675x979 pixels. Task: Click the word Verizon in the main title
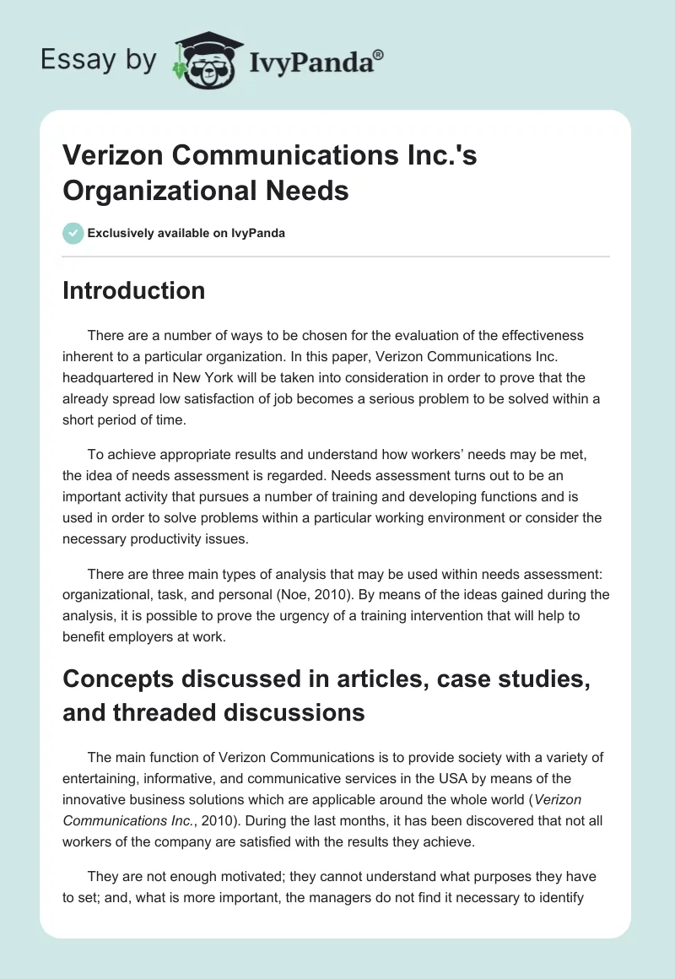tap(108, 157)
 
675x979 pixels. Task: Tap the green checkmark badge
tap(73, 233)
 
